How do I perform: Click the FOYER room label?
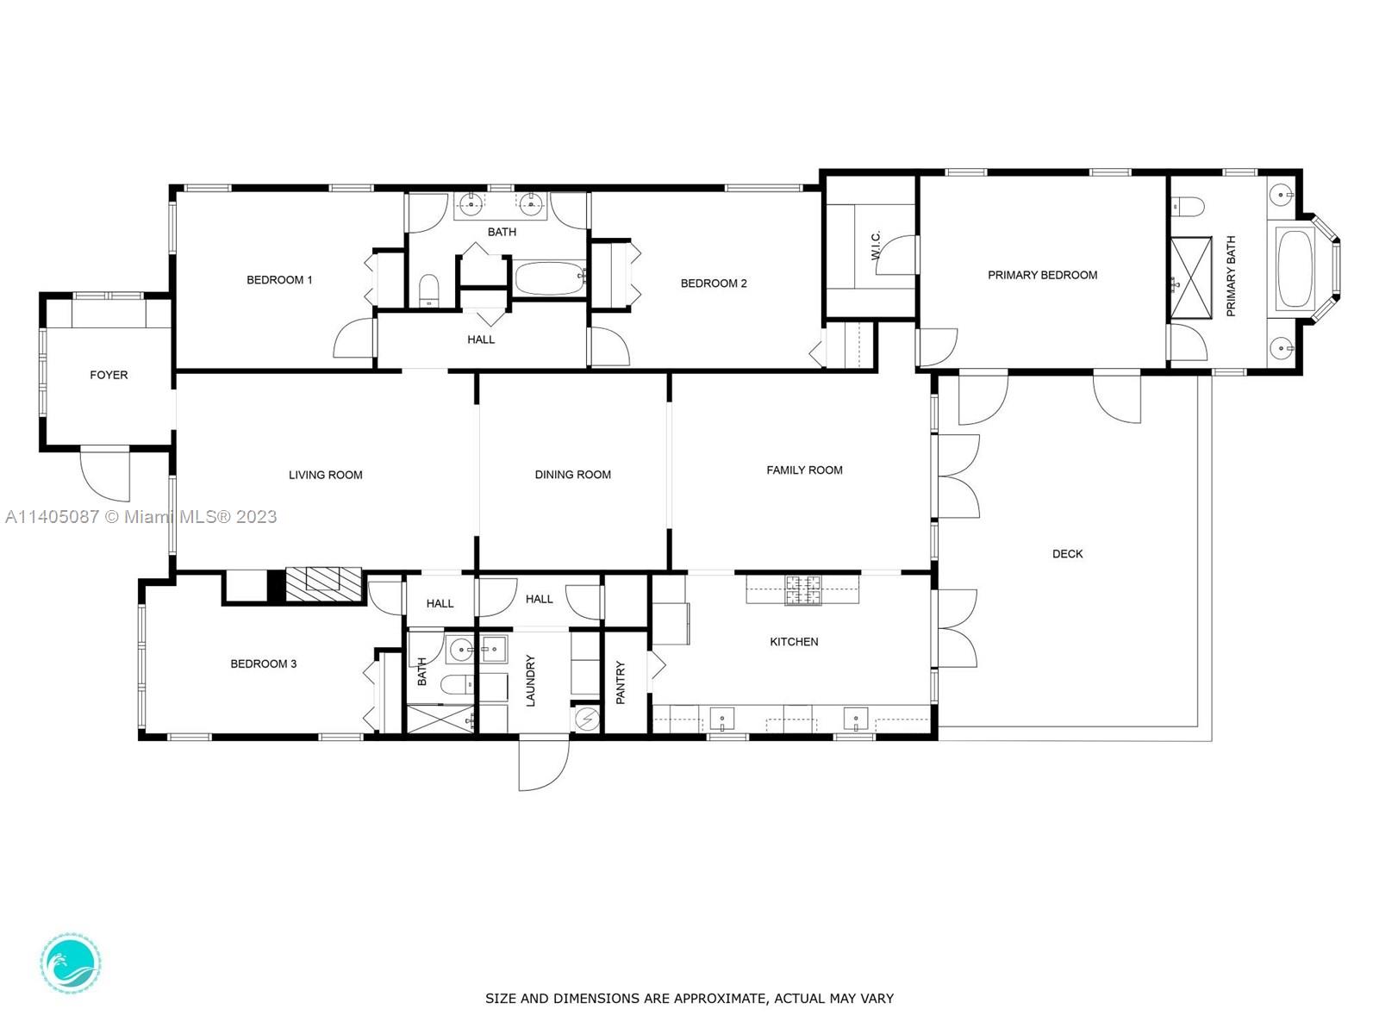coord(109,375)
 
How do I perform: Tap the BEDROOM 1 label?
coord(279,280)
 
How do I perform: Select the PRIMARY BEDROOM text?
coord(1042,275)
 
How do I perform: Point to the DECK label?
coord(1067,554)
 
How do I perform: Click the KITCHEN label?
coord(794,642)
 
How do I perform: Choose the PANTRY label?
coord(621,682)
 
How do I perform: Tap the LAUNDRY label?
coord(530,681)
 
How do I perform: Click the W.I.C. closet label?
coord(877,245)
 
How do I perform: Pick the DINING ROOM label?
coord(573,475)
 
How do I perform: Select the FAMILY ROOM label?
coord(804,470)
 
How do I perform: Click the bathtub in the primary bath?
coord(1295,269)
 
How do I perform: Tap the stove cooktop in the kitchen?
coord(803,590)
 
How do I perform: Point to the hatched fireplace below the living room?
coord(323,585)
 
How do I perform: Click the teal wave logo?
coord(71,963)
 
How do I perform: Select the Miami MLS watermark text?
coord(140,517)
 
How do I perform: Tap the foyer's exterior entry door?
coord(104,475)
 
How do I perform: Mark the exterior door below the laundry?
coord(544,763)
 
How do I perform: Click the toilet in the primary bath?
coord(1188,205)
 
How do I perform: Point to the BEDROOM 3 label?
coord(263,663)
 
